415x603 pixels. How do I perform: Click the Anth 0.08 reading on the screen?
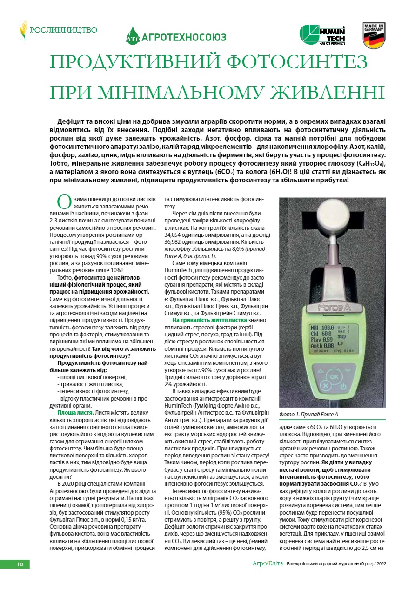321,346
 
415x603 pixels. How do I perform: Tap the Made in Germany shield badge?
374,36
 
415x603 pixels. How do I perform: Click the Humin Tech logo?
322,36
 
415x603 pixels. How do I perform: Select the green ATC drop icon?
133,36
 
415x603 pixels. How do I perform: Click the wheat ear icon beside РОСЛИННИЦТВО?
23,31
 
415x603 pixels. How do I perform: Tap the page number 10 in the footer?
20,564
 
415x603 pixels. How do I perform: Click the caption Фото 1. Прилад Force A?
308,414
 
